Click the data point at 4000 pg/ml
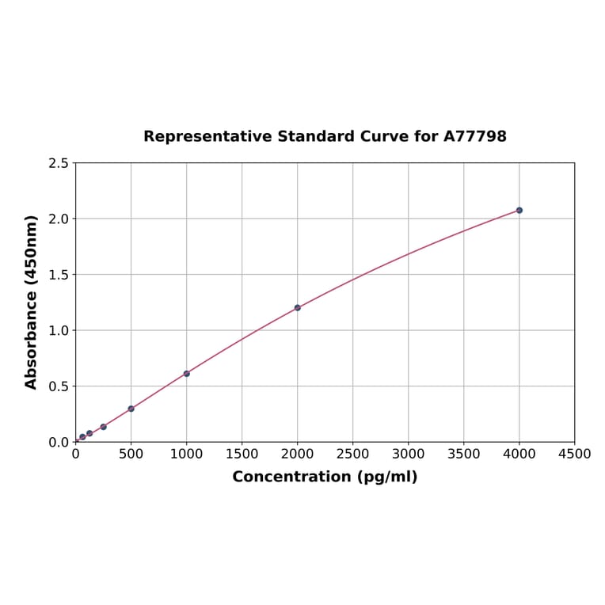click(519, 210)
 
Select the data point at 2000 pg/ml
click(297, 307)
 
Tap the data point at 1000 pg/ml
click(186, 373)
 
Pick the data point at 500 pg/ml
click(131, 409)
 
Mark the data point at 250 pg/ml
click(103, 427)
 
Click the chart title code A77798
click(474, 137)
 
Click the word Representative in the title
click(207, 137)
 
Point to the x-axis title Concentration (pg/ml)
click(325, 477)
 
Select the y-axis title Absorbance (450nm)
click(32, 302)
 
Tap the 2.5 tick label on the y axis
click(58, 163)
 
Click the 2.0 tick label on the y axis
click(58, 219)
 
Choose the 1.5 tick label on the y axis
click(58, 275)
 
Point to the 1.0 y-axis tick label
click(58, 330)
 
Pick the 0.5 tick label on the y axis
click(58, 386)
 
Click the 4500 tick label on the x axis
click(574, 455)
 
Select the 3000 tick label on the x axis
click(408, 455)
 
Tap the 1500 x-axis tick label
click(242, 455)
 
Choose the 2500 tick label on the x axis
click(352, 455)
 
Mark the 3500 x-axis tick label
click(463, 455)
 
